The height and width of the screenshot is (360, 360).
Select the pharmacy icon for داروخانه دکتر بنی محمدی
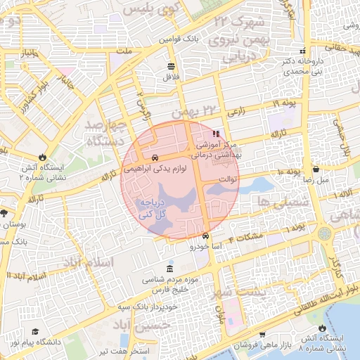click(302, 51)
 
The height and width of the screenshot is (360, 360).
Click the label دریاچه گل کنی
click(153, 207)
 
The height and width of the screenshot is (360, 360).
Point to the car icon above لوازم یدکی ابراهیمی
click(155, 157)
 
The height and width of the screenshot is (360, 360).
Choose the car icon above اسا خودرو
click(205, 236)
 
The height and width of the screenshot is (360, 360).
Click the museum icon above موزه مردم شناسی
click(169, 270)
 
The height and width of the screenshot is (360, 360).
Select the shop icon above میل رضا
click(316, 169)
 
